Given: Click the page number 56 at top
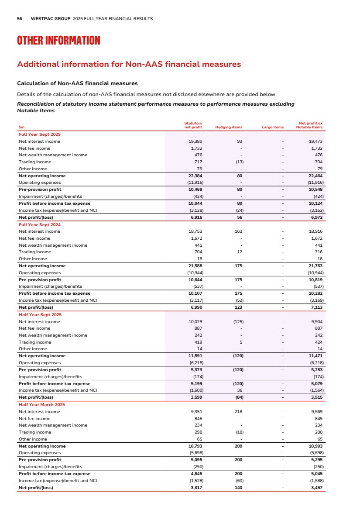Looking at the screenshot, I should [x=20, y=19].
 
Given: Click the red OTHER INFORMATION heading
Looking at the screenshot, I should [x=58, y=41].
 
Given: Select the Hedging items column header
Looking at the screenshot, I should [x=229, y=127].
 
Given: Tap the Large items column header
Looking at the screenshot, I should [x=272, y=127].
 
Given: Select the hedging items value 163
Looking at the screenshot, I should [x=238, y=231].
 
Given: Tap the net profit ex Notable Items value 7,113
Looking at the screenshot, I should [x=315, y=307].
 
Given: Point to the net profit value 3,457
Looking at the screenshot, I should [x=315, y=488].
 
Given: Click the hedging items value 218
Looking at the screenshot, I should [x=238, y=412].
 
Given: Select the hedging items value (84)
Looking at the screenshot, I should [x=237, y=397].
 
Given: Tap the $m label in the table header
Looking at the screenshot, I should [x=21, y=127].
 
